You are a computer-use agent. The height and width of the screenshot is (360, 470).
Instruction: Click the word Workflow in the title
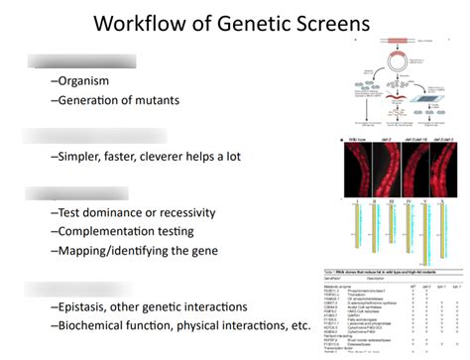click(142, 24)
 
